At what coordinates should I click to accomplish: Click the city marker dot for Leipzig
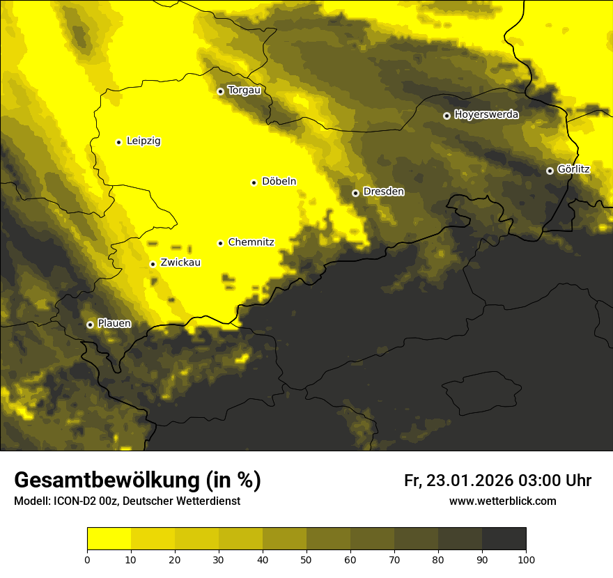118,142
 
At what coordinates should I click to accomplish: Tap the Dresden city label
383,192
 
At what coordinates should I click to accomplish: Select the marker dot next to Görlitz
550,171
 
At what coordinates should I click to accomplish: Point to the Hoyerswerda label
486,115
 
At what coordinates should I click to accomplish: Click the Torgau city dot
220,91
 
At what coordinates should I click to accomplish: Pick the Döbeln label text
279,182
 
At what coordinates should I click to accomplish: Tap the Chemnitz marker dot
220,243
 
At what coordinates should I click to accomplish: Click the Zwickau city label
180,263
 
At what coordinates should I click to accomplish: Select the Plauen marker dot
90,325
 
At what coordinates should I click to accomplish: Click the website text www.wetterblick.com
502,501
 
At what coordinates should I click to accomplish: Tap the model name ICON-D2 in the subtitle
77,501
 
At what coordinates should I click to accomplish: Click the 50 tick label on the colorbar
306,559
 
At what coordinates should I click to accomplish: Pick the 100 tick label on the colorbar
526,559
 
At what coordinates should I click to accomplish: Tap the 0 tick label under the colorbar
87,559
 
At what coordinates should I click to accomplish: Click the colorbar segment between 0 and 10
109,538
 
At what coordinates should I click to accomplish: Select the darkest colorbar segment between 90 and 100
504,538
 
